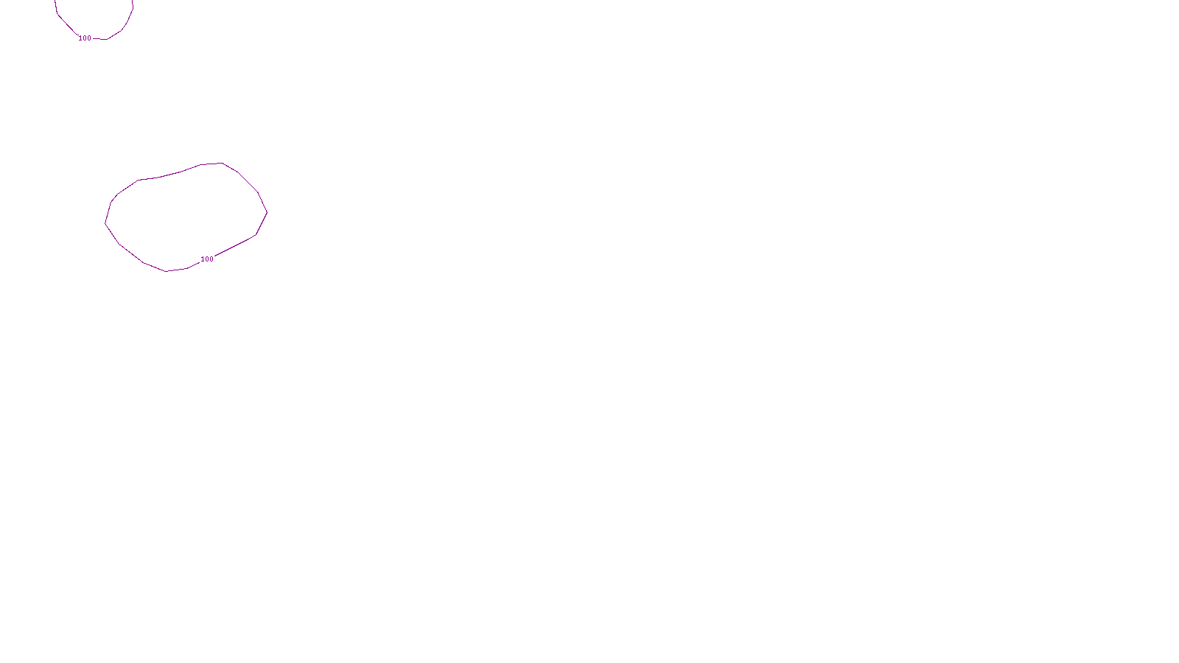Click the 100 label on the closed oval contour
click(207, 259)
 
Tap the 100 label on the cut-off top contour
click(85, 38)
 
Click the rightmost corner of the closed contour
click(267, 213)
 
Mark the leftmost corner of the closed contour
click(105, 223)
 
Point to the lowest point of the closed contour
click(167, 271)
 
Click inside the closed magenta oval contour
click(184, 217)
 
